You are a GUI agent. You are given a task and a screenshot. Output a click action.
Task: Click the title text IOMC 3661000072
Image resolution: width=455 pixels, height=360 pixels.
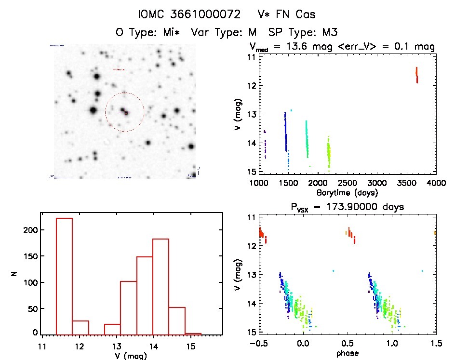(x=189, y=15)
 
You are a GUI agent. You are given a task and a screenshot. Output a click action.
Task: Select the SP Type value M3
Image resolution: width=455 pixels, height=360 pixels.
(x=329, y=32)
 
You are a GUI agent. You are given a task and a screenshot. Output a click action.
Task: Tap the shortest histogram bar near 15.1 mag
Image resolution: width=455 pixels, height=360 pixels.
(x=193, y=333)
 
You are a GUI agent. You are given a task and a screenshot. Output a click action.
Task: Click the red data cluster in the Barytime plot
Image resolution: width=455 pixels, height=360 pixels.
(x=416, y=75)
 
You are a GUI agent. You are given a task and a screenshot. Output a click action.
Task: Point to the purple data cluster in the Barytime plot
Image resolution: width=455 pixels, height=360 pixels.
(x=265, y=145)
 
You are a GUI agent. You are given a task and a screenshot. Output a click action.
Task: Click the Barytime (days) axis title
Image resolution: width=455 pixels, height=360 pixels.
(x=347, y=193)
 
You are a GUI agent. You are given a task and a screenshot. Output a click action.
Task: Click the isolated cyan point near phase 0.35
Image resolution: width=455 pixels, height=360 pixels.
(x=333, y=271)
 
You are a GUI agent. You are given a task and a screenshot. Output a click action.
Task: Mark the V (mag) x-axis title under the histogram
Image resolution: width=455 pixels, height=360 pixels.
(x=131, y=356)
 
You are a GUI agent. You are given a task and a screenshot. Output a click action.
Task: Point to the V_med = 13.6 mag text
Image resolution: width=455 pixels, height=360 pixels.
(x=284, y=47)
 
